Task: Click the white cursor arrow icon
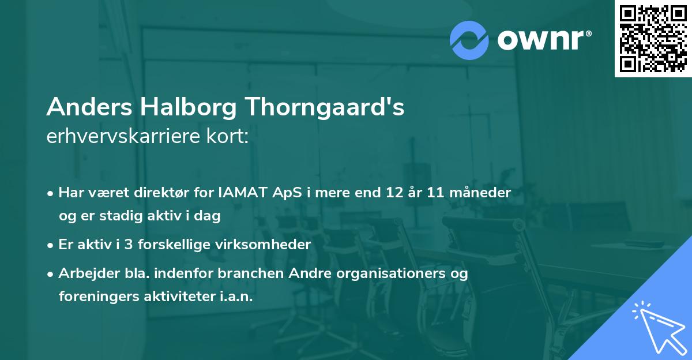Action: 657,327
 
